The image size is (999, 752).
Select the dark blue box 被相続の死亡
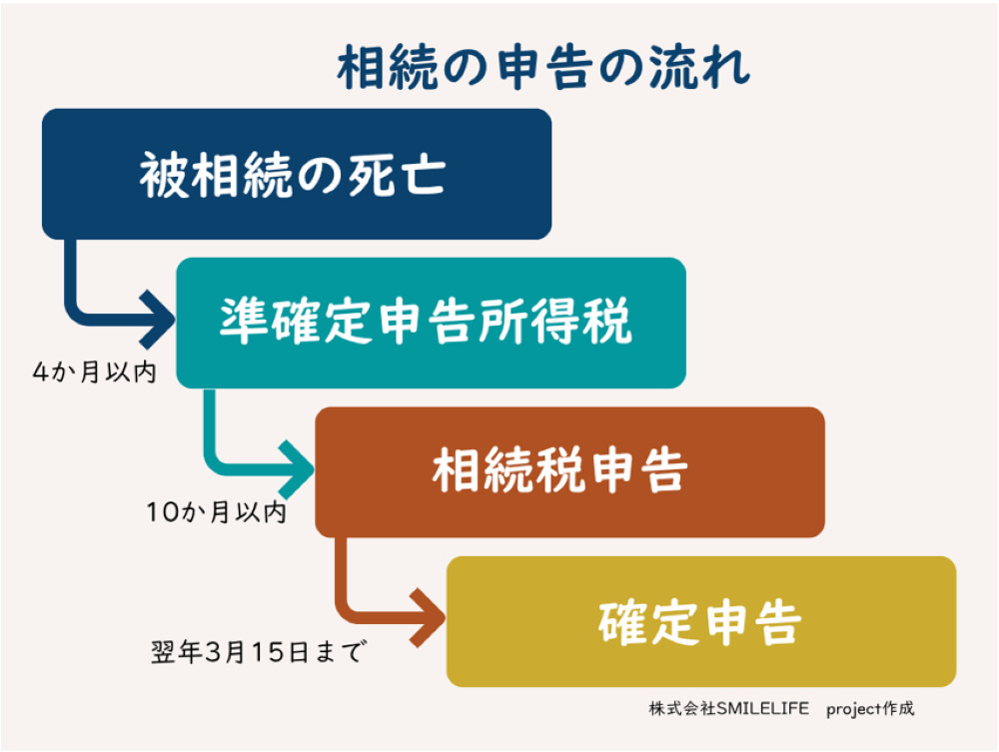tap(296, 174)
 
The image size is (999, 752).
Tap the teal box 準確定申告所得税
tap(431, 323)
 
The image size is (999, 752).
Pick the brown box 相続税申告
tap(569, 471)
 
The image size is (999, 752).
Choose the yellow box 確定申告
tap(700, 621)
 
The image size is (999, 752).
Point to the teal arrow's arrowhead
tap(299, 469)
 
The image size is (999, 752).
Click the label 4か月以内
tap(95, 374)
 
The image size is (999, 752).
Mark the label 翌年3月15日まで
tap(256, 654)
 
